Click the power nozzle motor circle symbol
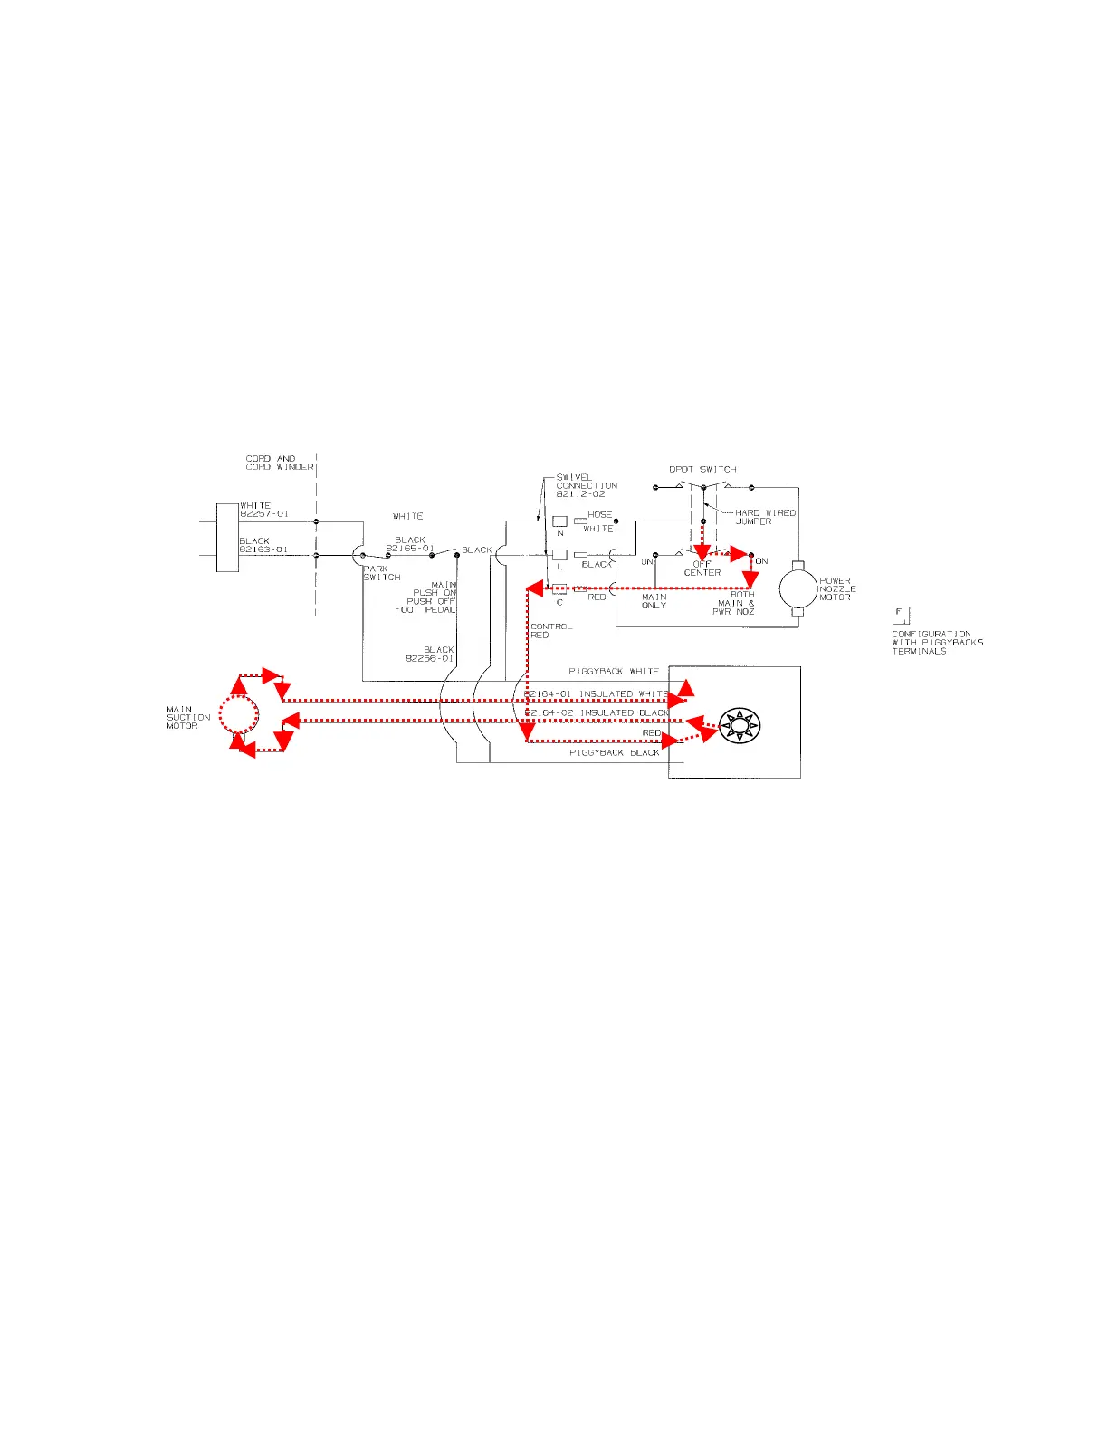pyautogui.click(x=798, y=588)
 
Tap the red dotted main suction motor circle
pyautogui.click(x=239, y=715)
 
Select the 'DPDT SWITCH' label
pyautogui.click(x=702, y=469)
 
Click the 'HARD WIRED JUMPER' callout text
pyautogui.click(x=765, y=517)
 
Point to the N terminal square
pyautogui.click(x=559, y=521)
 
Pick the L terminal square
pyautogui.click(x=559, y=555)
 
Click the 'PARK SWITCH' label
pyautogui.click(x=381, y=573)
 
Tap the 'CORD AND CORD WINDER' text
pyautogui.click(x=280, y=463)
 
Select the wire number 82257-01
pyautogui.click(x=264, y=513)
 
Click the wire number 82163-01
pyautogui.click(x=263, y=549)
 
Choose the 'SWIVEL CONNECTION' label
pyautogui.click(x=587, y=485)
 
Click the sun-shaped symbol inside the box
pyautogui.click(x=740, y=724)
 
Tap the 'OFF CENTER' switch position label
pyautogui.click(x=702, y=569)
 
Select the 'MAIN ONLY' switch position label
pyautogui.click(x=654, y=601)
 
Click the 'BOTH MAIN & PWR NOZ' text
pyautogui.click(x=736, y=603)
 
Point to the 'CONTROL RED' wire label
pyautogui.click(x=550, y=630)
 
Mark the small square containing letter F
pyautogui.click(x=901, y=615)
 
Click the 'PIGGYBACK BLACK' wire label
pyautogui.click(x=614, y=753)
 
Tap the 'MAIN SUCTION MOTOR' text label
pyautogui.click(x=188, y=717)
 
